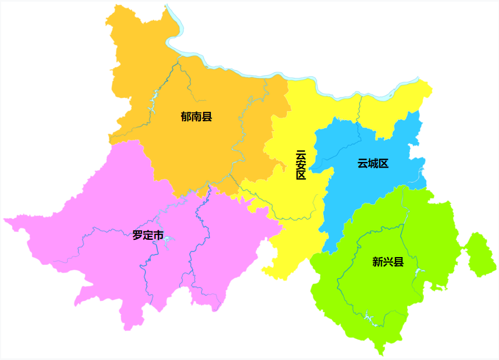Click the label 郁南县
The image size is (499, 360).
[x=196, y=117]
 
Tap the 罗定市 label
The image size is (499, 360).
[x=148, y=235]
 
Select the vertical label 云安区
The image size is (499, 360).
[x=301, y=165]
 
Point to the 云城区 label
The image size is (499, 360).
[x=372, y=164]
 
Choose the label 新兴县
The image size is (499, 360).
[x=388, y=262]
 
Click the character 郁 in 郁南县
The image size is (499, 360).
[x=186, y=117]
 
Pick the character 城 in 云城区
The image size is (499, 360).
[x=372, y=164]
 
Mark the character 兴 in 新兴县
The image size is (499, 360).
[x=388, y=262]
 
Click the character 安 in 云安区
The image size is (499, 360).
[x=301, y=165]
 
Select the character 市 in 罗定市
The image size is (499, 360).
[x=159, y=235]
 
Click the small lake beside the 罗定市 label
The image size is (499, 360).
[x=169, y=240]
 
